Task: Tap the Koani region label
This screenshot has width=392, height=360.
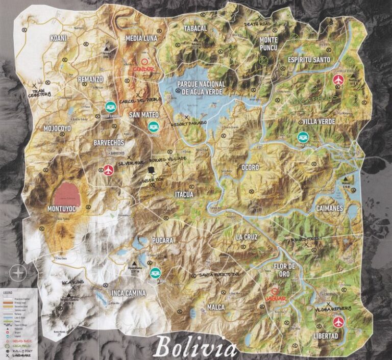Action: tap(58, 38)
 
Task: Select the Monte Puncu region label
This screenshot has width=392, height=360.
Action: tap(268, 43)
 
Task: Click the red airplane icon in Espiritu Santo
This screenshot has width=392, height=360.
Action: tap(338, 80)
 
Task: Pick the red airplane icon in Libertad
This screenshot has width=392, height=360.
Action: tap(338, 322)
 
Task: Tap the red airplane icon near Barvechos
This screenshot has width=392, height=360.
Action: tap(108, 170)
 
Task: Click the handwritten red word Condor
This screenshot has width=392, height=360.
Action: tap(143, 68)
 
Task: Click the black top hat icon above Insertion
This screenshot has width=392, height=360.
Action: tap(152, 170)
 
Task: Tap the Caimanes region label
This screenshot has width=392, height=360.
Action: tap(329, 209)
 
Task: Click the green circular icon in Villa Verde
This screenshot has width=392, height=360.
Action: tap(303, 136)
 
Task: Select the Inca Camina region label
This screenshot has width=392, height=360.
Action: tap(128, 293)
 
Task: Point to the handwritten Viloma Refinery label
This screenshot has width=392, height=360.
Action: tap(333, 309)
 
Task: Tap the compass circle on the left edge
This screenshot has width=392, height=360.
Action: tap(18, 272)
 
